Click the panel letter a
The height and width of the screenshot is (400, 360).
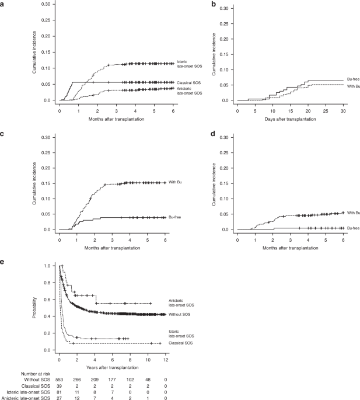(4, 4)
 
